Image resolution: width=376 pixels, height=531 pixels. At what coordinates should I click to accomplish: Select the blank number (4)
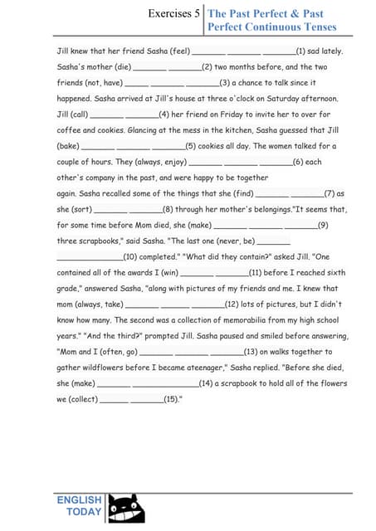click(x=164, y=114)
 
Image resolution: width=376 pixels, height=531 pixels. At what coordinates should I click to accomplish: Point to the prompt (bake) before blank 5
click(x=68, y=145)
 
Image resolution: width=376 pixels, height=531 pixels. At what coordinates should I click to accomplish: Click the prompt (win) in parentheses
click(x=168, y=271)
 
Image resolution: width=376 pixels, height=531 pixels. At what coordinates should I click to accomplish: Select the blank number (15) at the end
click(x=171, y=398)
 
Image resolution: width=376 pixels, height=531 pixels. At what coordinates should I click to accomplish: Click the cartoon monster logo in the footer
click(x=126, y=508)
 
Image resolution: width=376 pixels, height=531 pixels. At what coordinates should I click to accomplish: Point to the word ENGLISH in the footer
click(x=79, y=500)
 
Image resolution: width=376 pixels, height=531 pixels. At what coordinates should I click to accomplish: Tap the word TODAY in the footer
click(x=84, y=512)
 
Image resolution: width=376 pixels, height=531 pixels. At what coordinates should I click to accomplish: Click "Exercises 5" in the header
click(x=173, y=13)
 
